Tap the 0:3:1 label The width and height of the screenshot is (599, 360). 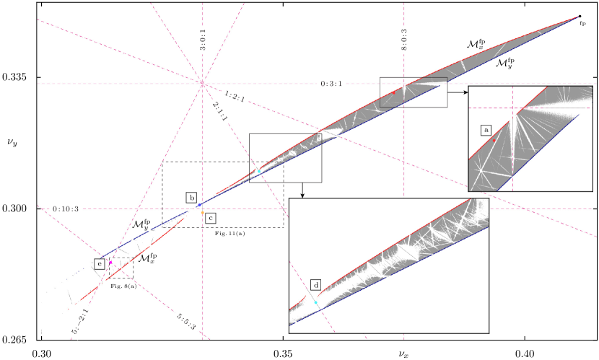coord(331,84)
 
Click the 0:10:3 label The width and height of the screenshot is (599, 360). coord(66,209)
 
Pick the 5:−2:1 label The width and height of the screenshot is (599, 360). coord(79,321)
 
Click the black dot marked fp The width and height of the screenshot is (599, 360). coord(580,17)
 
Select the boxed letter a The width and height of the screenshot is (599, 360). coord(486,130)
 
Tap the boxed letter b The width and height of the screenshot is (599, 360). coord(192,197)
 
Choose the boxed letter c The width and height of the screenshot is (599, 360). coord(210,217)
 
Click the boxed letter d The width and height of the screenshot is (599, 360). coord(316,285)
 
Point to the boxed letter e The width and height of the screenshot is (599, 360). coord(99,264)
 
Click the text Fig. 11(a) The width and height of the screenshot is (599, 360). coord(229,233)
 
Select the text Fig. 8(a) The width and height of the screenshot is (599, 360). coord(123,286)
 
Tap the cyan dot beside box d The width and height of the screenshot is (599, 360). coord(316,302)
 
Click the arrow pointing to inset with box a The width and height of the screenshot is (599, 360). coord(458,92)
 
